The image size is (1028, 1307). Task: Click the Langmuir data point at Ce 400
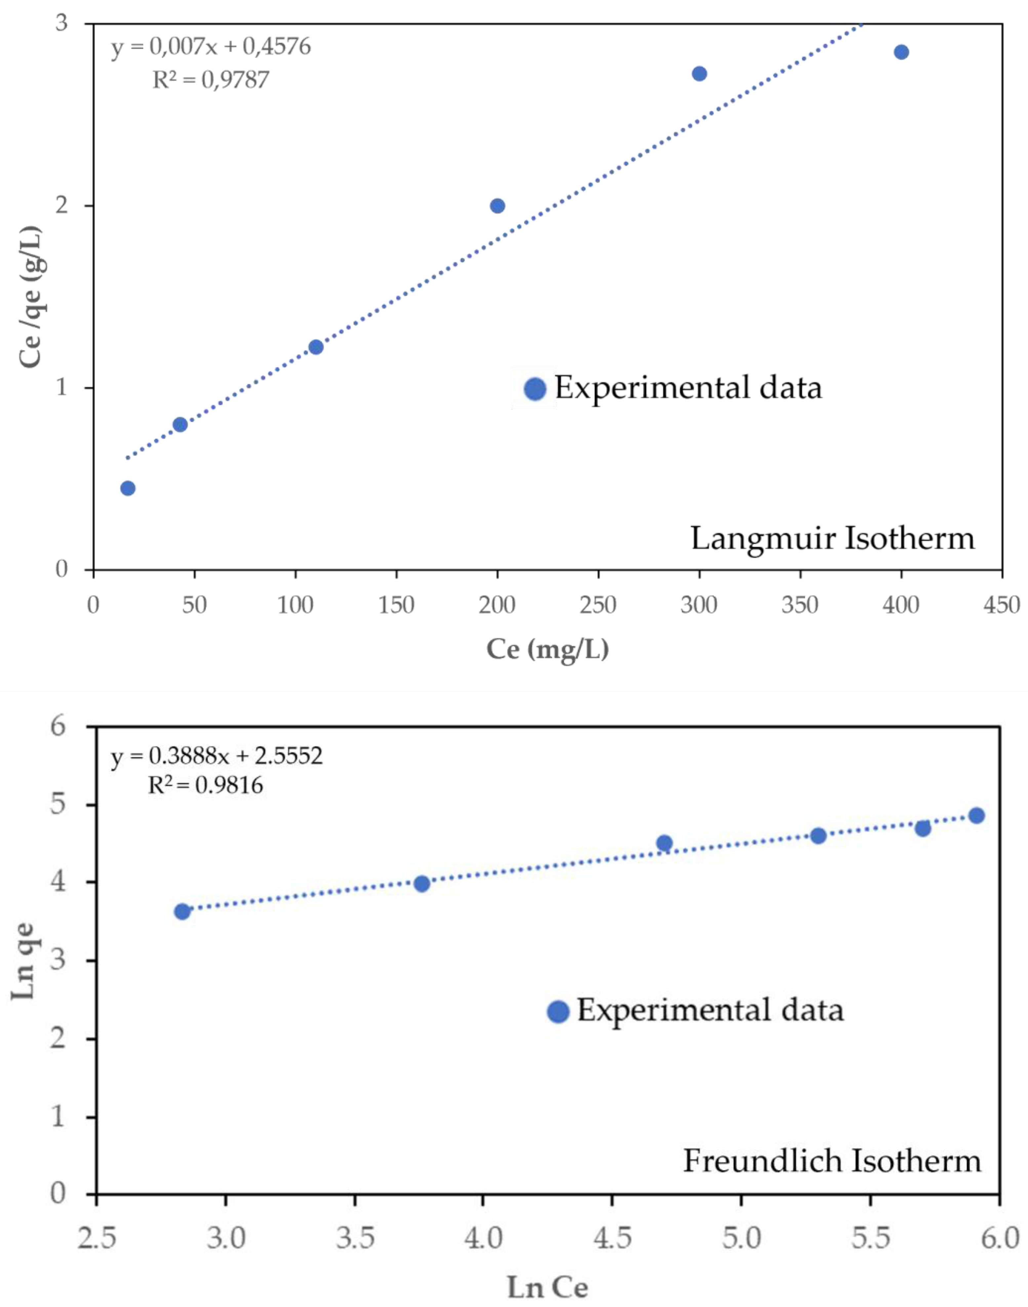click(x=901, y=52)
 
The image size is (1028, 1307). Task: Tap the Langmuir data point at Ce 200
click(x=497, y=206)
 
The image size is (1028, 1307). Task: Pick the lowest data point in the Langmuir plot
click(x=128, y=488)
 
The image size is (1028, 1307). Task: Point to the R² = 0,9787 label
click(x=211, y=79)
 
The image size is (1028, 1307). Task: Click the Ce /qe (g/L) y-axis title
click(x=30, y=297)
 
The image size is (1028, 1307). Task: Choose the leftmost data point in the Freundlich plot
click(x=182, y=912)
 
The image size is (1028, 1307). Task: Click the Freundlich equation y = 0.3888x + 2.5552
click(x=217, y=756)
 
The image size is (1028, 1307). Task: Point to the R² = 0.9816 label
click(x=206, y=785)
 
